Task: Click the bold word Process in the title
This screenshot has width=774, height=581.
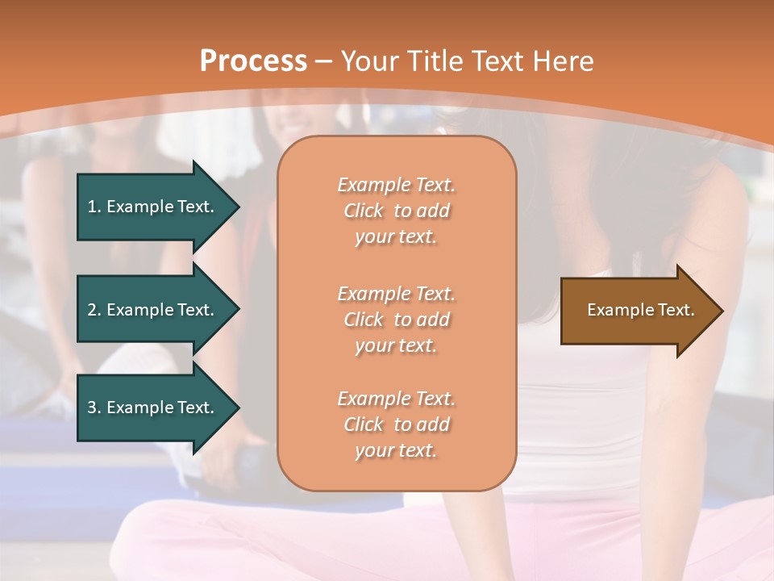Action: click(253, 61)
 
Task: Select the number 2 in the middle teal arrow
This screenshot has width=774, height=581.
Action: click(93, 310)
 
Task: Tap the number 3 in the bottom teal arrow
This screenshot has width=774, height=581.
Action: click(93, 408)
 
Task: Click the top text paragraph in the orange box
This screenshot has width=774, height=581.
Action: click(396, 211)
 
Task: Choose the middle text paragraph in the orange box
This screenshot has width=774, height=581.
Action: click(396, 320)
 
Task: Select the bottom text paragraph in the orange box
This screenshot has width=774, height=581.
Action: click(396, 424)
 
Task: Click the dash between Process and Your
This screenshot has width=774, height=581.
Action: click(323, 62)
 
